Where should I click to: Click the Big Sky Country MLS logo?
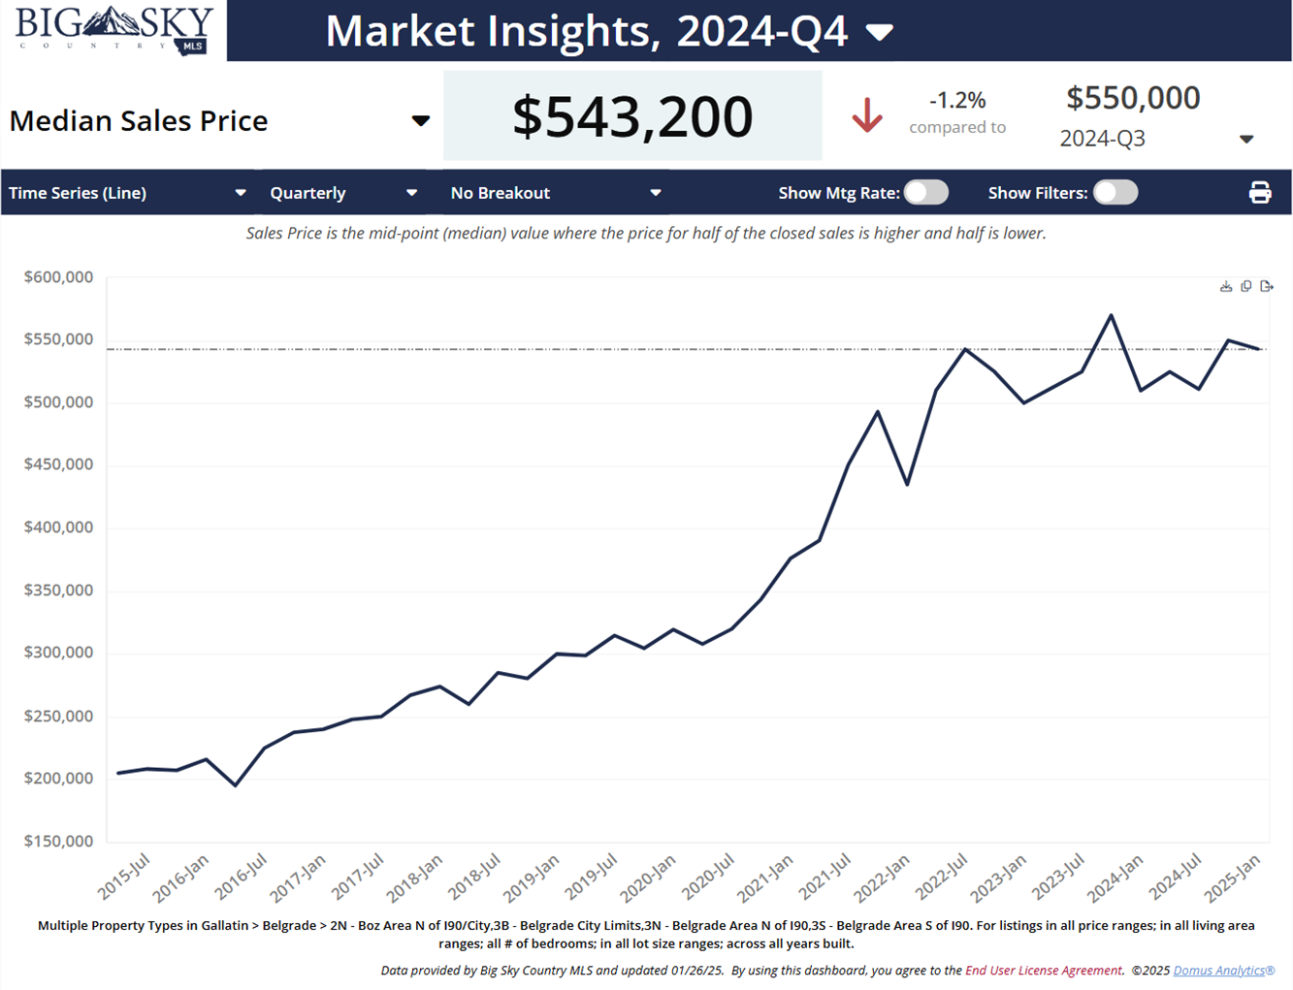click(113, 30)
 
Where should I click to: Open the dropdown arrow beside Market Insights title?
click(879, 33)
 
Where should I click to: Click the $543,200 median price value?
click(632, 116)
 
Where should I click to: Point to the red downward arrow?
click(867, 115)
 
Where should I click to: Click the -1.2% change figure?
click(957, 100)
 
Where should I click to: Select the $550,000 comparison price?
click(1133, 98)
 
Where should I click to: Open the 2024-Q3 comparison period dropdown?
click(1246, 140)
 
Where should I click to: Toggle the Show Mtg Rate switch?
click(926, 192)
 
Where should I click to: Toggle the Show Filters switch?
click(1115, 192)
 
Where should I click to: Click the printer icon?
click(1260, 193)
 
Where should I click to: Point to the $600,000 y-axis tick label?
click(59, 277)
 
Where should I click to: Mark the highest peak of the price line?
click(1112, 315)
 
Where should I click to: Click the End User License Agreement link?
click(1043, 971)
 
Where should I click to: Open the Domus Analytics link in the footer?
click(1223, 971)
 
